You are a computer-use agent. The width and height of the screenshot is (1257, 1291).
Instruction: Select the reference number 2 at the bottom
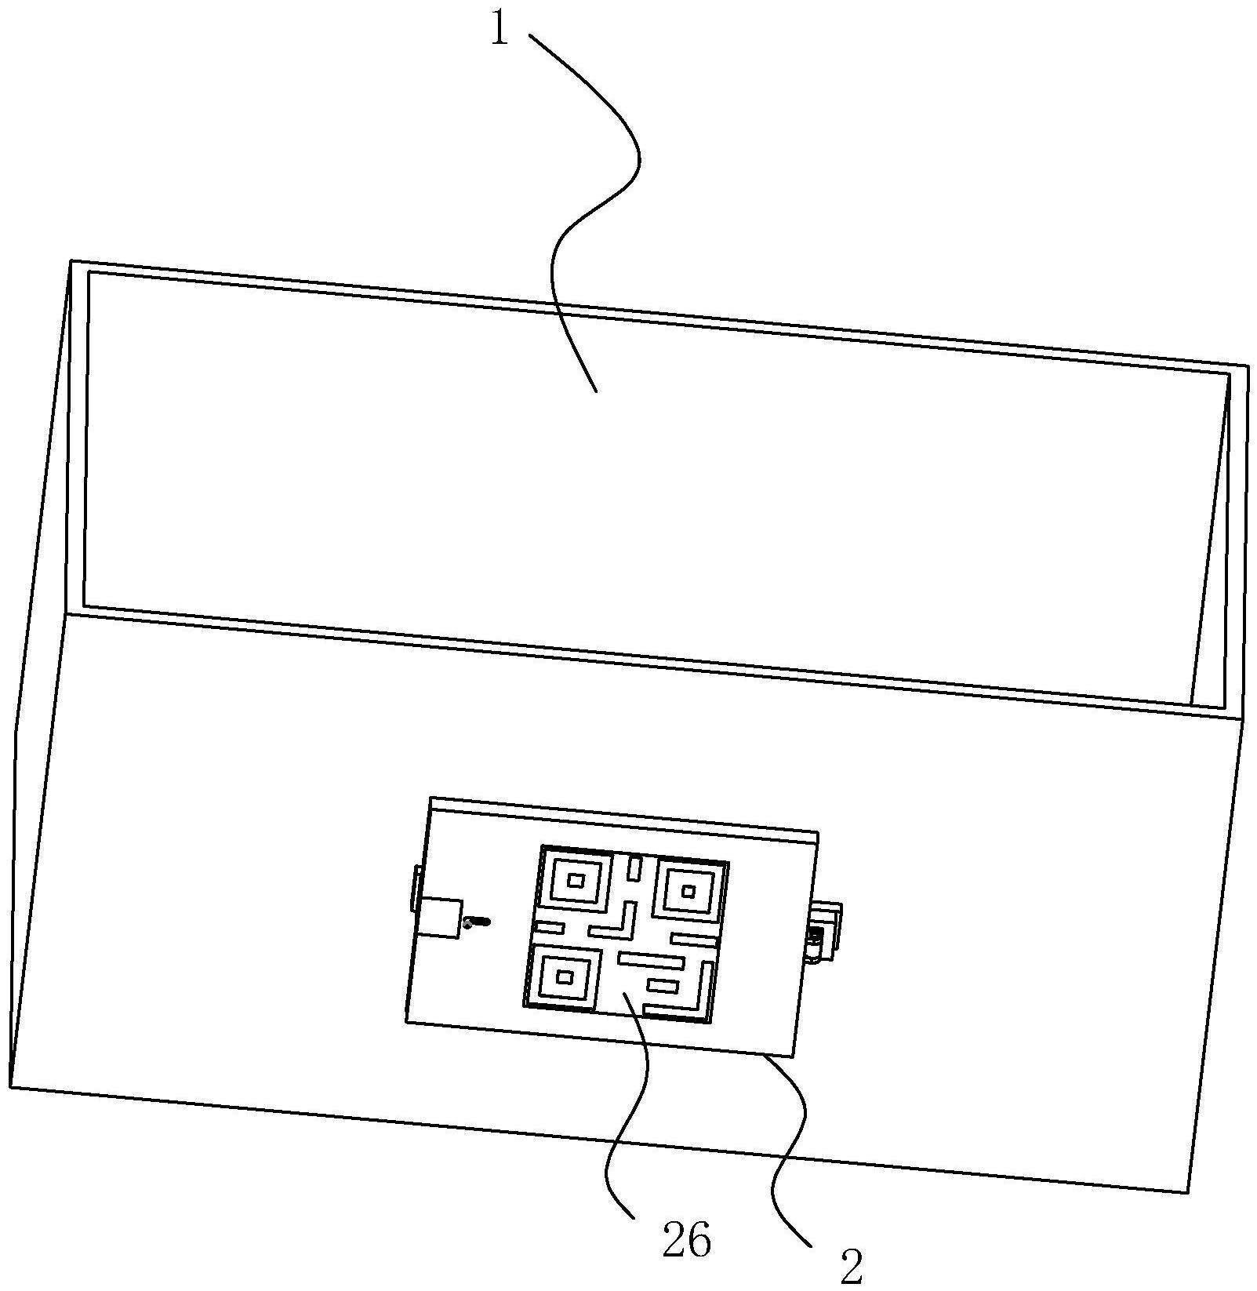click(852, 1266)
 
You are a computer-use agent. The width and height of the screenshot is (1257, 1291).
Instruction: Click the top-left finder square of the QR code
click(576, 880)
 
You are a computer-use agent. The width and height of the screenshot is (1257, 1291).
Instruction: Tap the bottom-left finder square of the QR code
click(564, 976)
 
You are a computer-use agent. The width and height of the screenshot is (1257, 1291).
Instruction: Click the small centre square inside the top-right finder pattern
click(689, 891)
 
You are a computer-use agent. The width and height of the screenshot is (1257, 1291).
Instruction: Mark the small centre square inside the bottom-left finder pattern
click(564, 976)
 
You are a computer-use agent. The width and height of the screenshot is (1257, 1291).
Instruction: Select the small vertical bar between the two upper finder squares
click(634, 868)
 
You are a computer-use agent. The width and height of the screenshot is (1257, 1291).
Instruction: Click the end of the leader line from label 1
click(596, 390)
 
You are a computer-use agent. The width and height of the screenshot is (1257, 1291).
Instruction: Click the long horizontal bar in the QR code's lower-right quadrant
click(652, 959)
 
